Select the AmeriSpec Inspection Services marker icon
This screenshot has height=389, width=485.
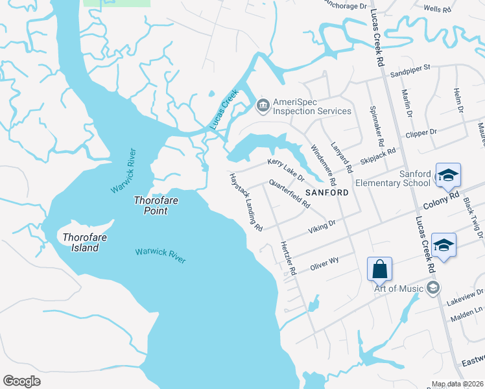click(x=263, y=104)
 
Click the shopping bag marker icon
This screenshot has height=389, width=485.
click(x=379, y=268)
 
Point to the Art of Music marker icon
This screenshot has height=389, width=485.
click(x=434, y=288)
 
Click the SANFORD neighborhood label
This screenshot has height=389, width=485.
click(x=327, y=193)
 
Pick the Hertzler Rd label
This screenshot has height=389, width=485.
click(x=288, y=258)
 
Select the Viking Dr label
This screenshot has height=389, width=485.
click(x=322, y=225)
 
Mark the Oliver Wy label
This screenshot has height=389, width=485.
click(x=324, y=263)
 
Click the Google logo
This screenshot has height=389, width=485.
click(x=21, y=381)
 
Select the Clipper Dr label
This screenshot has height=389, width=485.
click(x=421, y=132)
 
